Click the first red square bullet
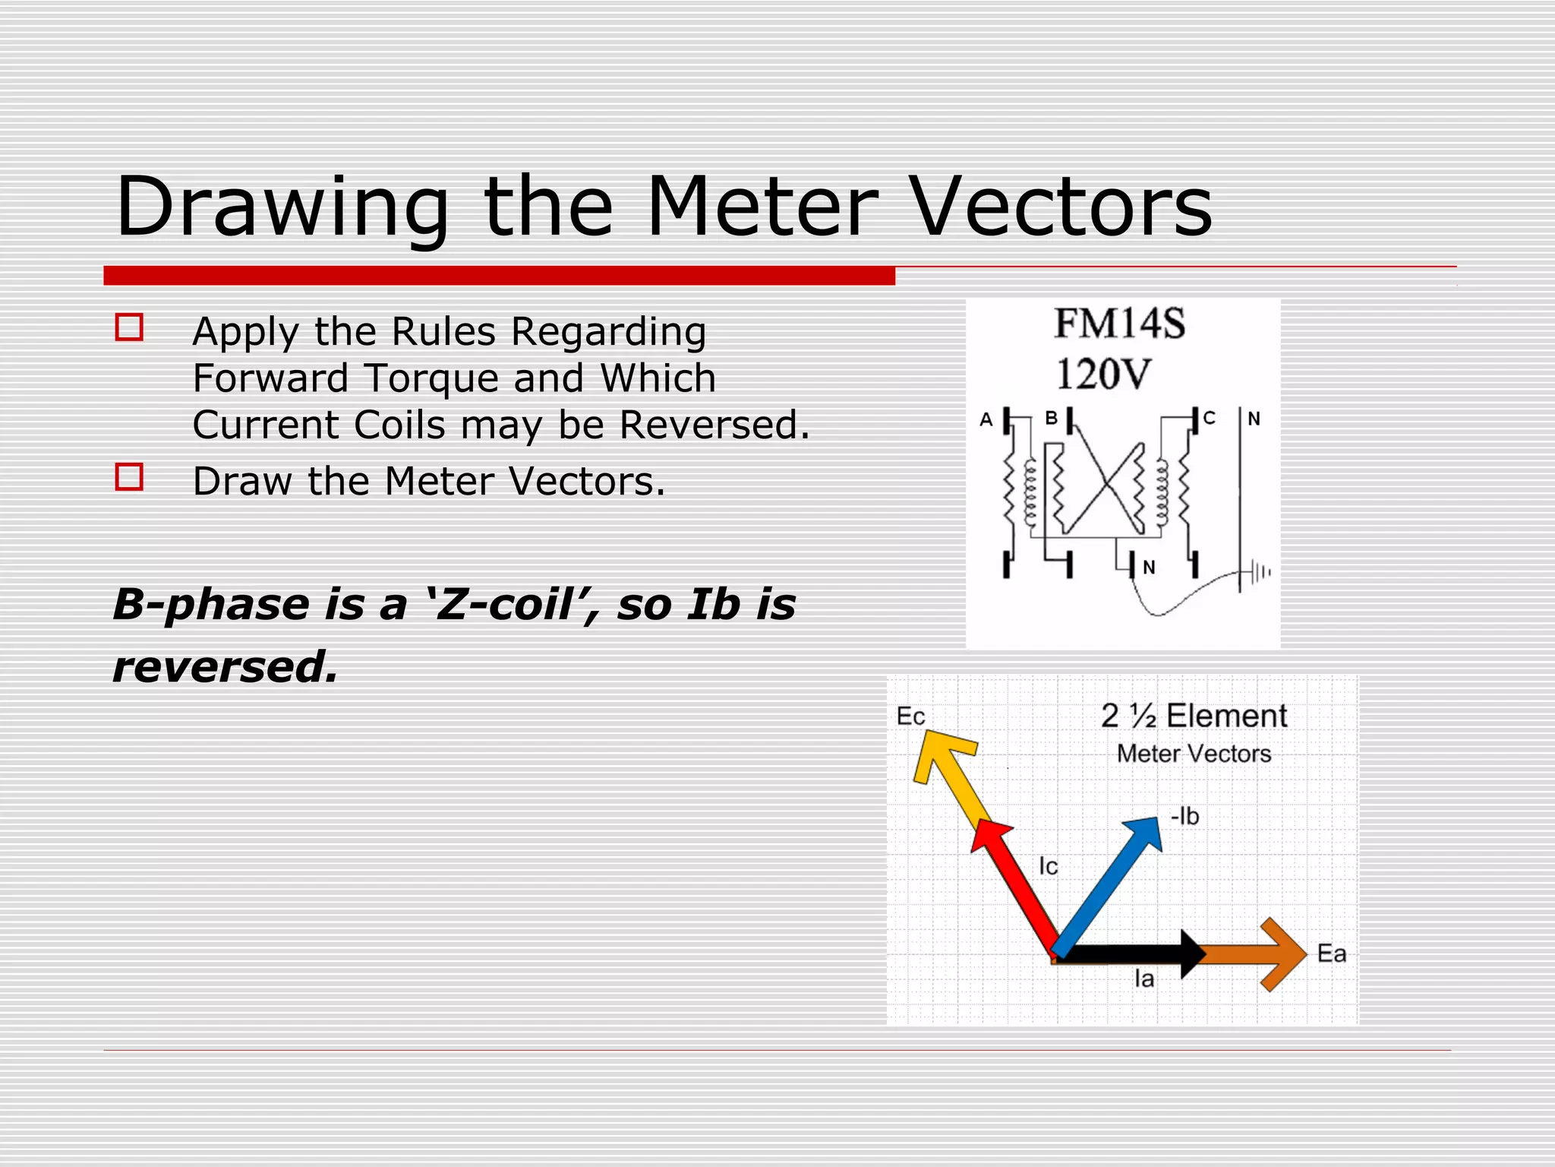pyautogui.click(x=129, y=327)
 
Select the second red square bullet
pyautogui.click(x=129, y=477)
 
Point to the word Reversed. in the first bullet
pyautogui.click(x=714, y=425)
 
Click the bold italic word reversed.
pyautogui.click(x=225, y=667)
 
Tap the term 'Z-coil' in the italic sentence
pyautogui.click(x=509, y=605)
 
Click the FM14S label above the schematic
pyautogui.click(x=1119, y=324)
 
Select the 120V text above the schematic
pyautogui.click(x=1104, y=375)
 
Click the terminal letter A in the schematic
pyautogui.click(x=986, y=419)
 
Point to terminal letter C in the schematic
pyautogui.click(x=1210, y=418)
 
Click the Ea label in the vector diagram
pyautogui.click(x=1331, y=954)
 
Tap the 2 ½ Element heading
pyautogui.click(x=1194, y=716)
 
